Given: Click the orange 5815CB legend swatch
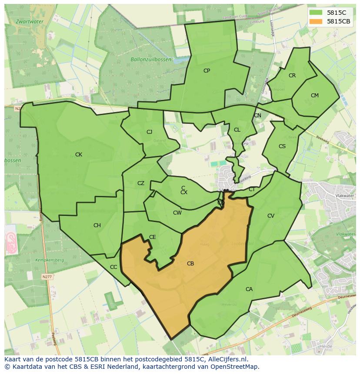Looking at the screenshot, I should tap(316, 22).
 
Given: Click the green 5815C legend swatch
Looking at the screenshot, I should tap(316, 13).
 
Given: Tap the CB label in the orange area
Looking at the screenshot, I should tap(190, 264).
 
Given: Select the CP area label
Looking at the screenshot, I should tap(207, 71).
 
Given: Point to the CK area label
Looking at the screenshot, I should tap(79, 155).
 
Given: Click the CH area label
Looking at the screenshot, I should tap(97, 225).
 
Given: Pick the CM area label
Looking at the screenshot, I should tap(315, 96).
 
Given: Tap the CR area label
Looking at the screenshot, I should tap(292, 76).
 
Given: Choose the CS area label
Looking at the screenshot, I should tap(282, 146).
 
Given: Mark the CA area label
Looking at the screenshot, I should tap(249, 289).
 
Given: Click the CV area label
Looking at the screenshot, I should tap(271, 216).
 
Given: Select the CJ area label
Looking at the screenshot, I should tap(149, 132).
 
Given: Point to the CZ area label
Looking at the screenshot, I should tap(141, 183).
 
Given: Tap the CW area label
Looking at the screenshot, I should tap(177, 213).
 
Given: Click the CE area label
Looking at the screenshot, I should tap(153, 237).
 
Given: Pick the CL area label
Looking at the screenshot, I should tap(237, 130).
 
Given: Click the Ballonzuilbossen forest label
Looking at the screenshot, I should tap(151, 60).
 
